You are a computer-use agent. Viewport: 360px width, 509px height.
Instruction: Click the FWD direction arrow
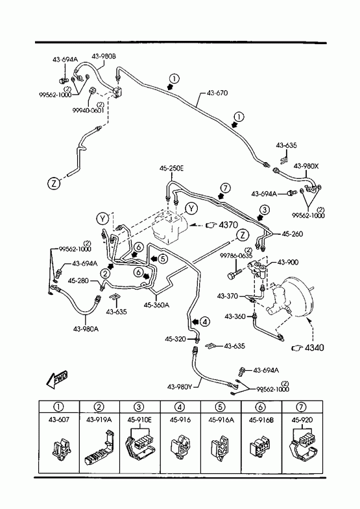pyautogui.click(x=57, y=380)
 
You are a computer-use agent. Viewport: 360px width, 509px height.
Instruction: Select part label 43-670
pyautogui.click(x=217, y=93)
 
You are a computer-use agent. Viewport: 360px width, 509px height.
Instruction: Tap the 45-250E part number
pyautogui.click(x=171, y=169)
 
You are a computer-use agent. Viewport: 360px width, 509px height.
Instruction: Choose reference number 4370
pyautogui.click(x=228, y=224)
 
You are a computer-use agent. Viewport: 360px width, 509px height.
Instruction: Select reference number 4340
pyautogui.click(x=314, y=348)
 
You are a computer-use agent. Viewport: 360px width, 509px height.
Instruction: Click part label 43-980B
pyautogui.click(x=104, y=56)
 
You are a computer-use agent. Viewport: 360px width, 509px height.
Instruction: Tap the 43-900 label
pyautogui.click(x=288, y=262)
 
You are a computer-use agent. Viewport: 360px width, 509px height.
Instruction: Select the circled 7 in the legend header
pyautogui.click(x=302, y=407)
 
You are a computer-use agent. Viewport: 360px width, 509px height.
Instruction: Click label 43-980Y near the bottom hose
pyautogui.click(x=180, y=386)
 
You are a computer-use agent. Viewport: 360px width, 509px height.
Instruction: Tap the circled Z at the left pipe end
pyautogui.click(x=54, y=183)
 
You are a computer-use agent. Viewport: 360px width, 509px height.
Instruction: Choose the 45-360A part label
pyautogui.click(x=156, y=305)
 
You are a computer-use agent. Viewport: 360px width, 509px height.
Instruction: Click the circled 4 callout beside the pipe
pyautogui.click(x=205, y=322)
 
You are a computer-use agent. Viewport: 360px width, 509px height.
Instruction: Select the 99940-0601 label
pyautogui.click(x=88, y=110)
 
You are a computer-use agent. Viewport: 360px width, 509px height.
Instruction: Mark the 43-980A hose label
pyautogui.click(x=86, y=329)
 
